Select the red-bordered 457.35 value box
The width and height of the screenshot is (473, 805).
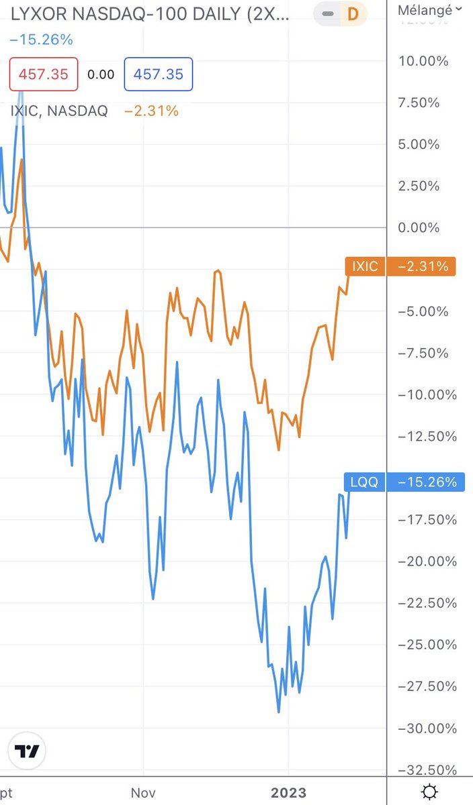44,74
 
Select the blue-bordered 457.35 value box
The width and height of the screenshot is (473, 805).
159,74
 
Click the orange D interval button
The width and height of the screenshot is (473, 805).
352,13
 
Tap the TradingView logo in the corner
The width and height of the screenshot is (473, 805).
27,751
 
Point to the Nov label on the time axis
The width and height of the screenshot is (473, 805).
143,792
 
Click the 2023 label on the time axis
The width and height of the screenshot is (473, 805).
288,792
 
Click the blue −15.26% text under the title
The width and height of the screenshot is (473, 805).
41,40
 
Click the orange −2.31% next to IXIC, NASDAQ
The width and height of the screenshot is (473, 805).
151,111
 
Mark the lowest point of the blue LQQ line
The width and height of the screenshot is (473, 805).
279,712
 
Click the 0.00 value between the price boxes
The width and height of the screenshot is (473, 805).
101,74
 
